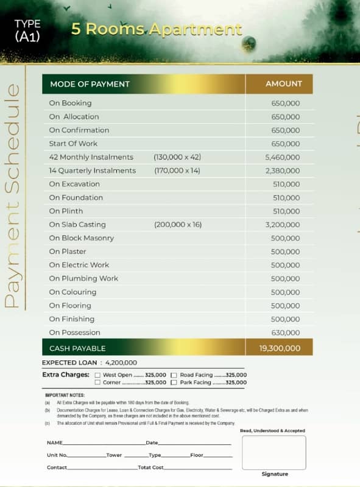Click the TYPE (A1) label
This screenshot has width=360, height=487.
click(x=27, y=30)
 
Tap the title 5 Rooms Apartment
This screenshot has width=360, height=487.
click(x=157, y=29)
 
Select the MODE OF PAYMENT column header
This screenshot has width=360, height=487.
click(x=90, y=84)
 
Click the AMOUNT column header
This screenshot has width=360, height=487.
click(x=283, y=84)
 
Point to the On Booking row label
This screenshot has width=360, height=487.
click(x=70, y=103)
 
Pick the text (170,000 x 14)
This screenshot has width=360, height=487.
click(x=177, y=170)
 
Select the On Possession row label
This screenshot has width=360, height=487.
click(x=74, y=332)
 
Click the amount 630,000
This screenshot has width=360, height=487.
click(x=285, y=332)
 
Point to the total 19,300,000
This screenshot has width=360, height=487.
click(x=280, y=348)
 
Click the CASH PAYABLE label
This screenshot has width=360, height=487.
click(x=77, y=348)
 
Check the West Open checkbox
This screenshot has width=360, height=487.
click(x=97, y=375)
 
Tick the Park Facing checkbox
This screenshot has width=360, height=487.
click(x=174, y=382)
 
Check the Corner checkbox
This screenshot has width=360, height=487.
click(x=97, y=382)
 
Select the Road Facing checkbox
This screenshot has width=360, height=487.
click(x=174, y=375)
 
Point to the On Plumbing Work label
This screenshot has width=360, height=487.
click(x=83, y=278)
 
